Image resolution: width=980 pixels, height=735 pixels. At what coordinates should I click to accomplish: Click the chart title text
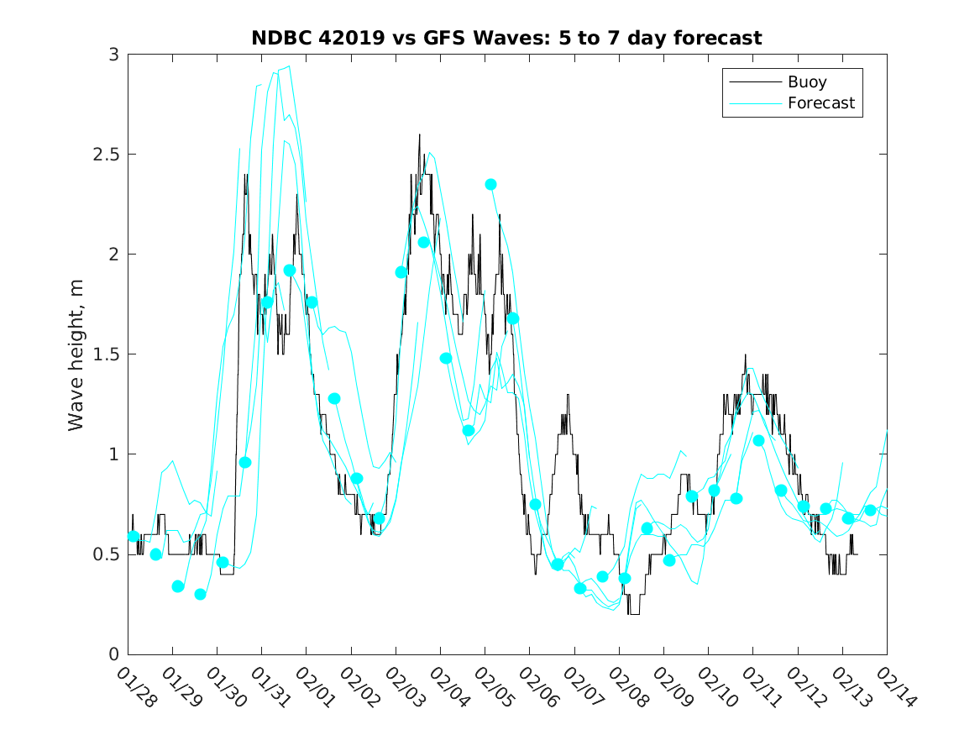[506, 38]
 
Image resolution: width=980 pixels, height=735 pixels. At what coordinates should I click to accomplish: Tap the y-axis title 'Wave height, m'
[76, 354]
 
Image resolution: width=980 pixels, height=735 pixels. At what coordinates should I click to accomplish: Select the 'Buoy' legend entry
[806, 82]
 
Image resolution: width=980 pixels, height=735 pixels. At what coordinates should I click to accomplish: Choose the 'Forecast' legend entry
[820, 103]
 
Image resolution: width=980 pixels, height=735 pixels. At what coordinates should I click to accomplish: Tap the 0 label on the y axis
[113, 654]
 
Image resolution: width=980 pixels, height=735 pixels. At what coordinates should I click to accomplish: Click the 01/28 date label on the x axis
[135, 687]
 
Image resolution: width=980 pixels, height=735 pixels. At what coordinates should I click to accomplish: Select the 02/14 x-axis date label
[894, 687]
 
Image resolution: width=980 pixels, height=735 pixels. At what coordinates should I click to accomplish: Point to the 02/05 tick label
[493, 687]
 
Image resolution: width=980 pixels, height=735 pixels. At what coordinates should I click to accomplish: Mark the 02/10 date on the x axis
[715, 687]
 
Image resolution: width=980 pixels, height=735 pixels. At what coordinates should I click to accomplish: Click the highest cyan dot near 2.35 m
[490, 184]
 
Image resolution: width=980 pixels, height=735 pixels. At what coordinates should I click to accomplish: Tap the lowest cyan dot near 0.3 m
[200, 594]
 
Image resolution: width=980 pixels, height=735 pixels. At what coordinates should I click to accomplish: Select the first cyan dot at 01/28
[134, 536]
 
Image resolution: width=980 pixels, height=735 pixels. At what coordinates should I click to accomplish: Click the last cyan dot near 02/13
[870, 510]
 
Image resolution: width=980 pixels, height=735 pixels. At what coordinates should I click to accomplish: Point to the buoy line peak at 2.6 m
[419, 134]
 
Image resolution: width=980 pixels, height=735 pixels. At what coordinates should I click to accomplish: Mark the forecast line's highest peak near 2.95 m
[290, 66]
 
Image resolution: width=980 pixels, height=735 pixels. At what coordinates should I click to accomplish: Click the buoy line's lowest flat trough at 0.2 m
[634, 614]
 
